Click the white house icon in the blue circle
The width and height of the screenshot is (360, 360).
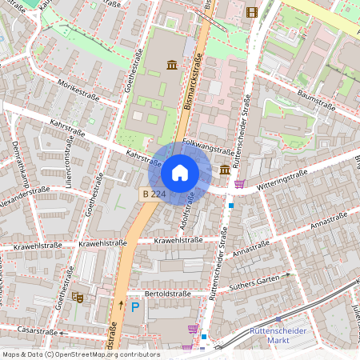(x=179, y=173)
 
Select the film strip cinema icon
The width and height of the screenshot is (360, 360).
(x=253, y=11)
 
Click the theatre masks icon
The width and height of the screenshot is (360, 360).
(x=78, y=297)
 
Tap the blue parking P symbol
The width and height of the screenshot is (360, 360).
(x=135, y=306)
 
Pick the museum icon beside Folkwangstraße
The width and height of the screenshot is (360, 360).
(x=225, y=170)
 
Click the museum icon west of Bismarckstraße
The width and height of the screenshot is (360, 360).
(x=172, y=64)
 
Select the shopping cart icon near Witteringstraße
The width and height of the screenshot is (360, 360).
(x=239, y=184)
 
